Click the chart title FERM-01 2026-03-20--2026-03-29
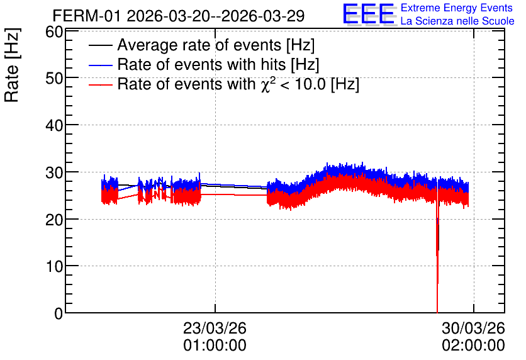click(x=179, y=16)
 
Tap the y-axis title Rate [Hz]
click(x=12, y=65)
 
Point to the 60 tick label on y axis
click(x=54, y=32)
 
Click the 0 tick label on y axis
click(x=59, y=313)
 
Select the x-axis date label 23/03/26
click(x=215, y=328)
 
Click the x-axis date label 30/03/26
click(x=473, y=328)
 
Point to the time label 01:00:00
click(x=215, y=346)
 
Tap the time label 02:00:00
click(x=473, y=346)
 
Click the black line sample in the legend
click(x=100, y=45)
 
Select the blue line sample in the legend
click(x=100, y=65)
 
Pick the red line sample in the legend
click(x=100, y=84)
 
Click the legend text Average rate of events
click(x=199, y=45)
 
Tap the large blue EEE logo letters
click(x=369, y=14)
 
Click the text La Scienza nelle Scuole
click(x=457, y=21)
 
